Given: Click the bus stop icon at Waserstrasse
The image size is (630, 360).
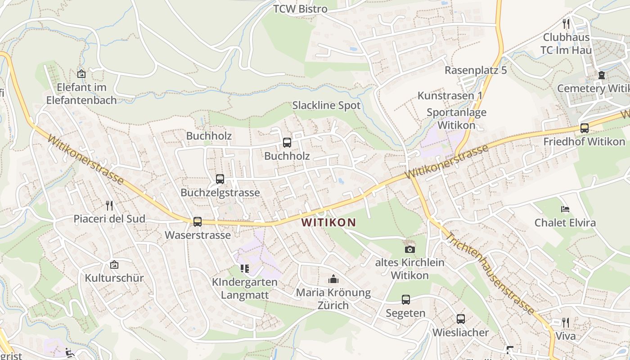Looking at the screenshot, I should click(197, 221).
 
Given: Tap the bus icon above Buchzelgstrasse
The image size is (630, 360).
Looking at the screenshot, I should click(220, 179).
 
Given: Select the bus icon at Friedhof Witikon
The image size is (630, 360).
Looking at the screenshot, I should click(584, 128).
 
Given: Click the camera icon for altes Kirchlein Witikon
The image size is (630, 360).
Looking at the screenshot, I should click(409, 249).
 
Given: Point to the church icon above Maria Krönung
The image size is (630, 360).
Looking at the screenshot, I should click(333, 279).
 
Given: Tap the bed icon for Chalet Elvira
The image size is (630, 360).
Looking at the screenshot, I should click(565, 209).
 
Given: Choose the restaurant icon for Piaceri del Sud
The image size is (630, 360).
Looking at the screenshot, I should click(109, 206).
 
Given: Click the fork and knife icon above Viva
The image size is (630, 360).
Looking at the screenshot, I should click(566, 322).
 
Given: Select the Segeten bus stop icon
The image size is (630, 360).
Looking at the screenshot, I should click(405, 300).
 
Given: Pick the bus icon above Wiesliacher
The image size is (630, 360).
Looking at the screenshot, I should click(460, 319).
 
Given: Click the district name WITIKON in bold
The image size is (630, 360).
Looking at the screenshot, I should click(328, 222).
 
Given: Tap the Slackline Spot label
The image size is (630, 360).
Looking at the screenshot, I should click(326, 105).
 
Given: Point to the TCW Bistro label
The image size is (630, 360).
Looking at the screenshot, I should click(300, 9).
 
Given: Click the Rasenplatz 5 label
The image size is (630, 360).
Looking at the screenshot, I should click(476, 70).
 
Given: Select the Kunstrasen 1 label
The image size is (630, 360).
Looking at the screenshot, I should click(450, 95).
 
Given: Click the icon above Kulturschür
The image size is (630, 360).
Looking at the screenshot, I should click(114, 265).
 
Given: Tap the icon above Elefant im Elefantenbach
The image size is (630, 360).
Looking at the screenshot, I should click(81, 74).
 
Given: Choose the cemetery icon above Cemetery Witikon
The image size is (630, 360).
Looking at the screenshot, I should click(602, 75).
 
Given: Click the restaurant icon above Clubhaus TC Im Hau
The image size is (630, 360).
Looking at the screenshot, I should click(566, 23).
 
